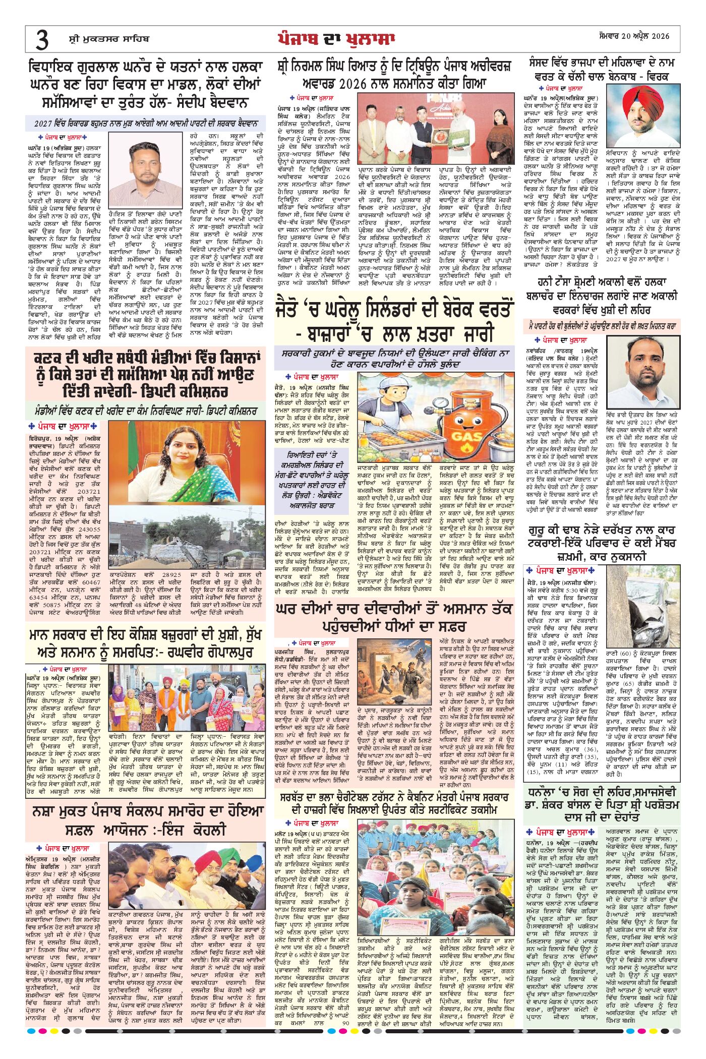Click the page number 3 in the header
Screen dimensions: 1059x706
pyautogui.click(x=42, y=39)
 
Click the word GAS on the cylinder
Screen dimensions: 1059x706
pyautogui.click(x=465, y=435)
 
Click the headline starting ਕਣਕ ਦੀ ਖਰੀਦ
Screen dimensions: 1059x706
pyautogui.click(x=146, y=375)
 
